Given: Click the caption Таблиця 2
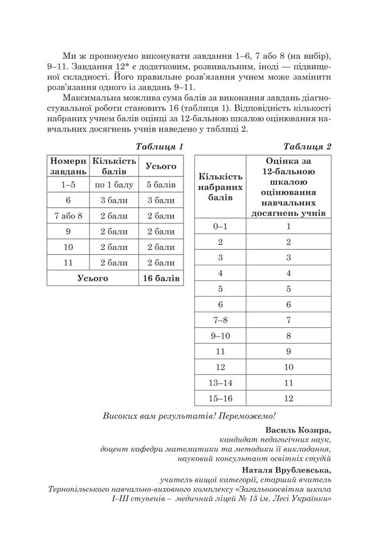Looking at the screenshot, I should pyautogui.click(x=307, y=146).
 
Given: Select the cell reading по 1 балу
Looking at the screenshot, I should pyautogui.click(x=113, y=185).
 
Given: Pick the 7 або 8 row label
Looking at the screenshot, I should pyautogui.click(x=68, y=216).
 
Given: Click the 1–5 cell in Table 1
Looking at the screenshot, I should pyautogui.click(x=68, y=185).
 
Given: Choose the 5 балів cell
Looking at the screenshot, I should pyautogui.click(x=161, y=185).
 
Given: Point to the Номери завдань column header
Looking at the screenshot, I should pyautogui.click(x=68, y=166).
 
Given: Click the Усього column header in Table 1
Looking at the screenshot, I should pyautogui.click(x=161, y=166).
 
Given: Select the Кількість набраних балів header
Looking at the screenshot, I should pyautogui.click(x=220, y=187).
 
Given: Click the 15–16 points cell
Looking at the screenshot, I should pyautogui.click(x=220, y=397).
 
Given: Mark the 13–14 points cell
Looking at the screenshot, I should pyautogui.click(x=220, y=382).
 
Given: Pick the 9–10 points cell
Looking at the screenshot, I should pyautogui.click(x=220, y=335).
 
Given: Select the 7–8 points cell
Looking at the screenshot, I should pyautogui.click(x=220, y=320).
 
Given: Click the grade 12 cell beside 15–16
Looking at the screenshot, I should pyautogui.click(x=288, y=397).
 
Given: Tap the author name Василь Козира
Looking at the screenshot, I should pyautogui.click(x=298, y=431).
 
